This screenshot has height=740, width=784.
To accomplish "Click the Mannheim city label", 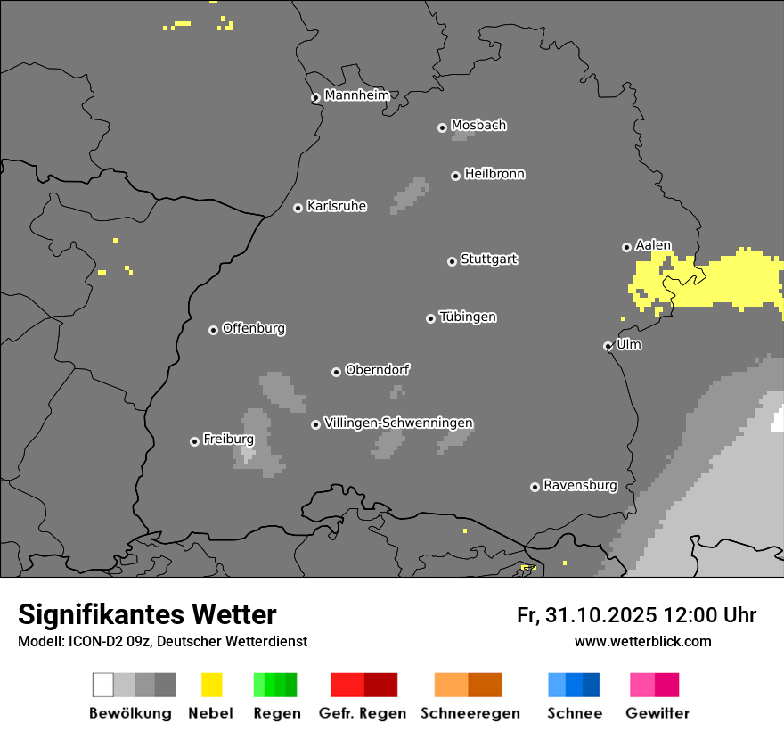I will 356,95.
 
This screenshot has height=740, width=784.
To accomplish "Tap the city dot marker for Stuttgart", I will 452,261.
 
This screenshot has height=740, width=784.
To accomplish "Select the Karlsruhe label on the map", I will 336,206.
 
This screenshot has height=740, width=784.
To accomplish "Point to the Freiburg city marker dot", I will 194,441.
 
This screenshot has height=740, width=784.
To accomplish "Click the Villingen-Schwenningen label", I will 398,423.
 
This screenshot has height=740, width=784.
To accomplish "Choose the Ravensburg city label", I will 580,485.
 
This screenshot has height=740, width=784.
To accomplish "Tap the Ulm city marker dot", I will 608,346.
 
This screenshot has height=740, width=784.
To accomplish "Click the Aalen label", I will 653,245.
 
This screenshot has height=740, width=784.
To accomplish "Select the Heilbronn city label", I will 494,174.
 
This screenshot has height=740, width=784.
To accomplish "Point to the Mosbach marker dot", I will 442,127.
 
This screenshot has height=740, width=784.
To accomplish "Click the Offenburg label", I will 253,328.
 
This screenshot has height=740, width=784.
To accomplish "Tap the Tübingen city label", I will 468,317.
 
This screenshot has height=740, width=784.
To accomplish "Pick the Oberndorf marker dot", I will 336,372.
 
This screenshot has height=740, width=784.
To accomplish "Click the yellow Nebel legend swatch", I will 211,685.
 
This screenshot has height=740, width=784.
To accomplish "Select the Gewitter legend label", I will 657,713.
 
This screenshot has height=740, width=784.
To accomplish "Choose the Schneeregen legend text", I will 470,713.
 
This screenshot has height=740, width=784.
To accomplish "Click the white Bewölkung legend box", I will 103,685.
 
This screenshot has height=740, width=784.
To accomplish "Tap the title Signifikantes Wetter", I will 147,614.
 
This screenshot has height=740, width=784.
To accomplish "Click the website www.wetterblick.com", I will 642,641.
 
